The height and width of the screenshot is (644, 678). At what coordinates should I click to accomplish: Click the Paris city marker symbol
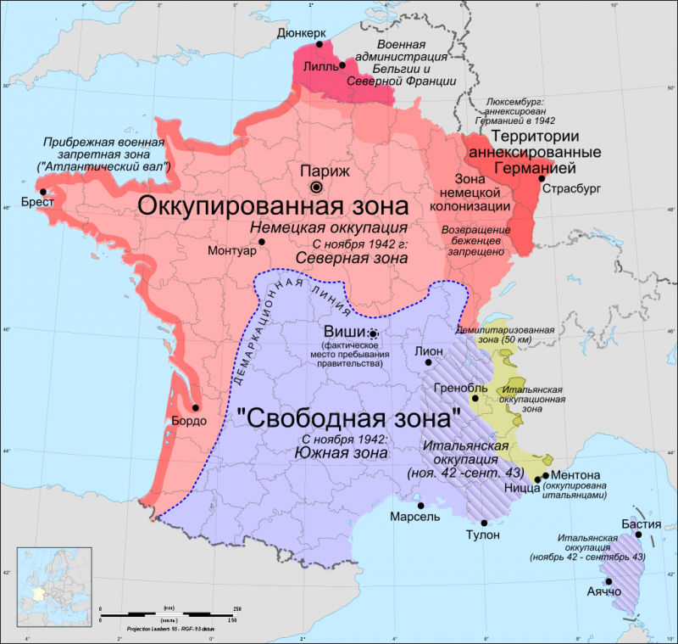(x=316, y=187)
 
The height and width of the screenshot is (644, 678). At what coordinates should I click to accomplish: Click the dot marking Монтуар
(x=262, y=242)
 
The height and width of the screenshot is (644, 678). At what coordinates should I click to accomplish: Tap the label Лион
(x=429, y=350)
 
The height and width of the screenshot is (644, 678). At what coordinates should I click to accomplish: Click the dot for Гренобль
(x=475, y=398)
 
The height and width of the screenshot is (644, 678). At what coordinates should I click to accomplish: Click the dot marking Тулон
(x=484, y=523)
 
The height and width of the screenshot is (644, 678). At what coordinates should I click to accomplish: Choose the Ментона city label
(x=575, y=474)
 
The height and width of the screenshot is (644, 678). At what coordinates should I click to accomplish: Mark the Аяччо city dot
(x=609, y=580)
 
